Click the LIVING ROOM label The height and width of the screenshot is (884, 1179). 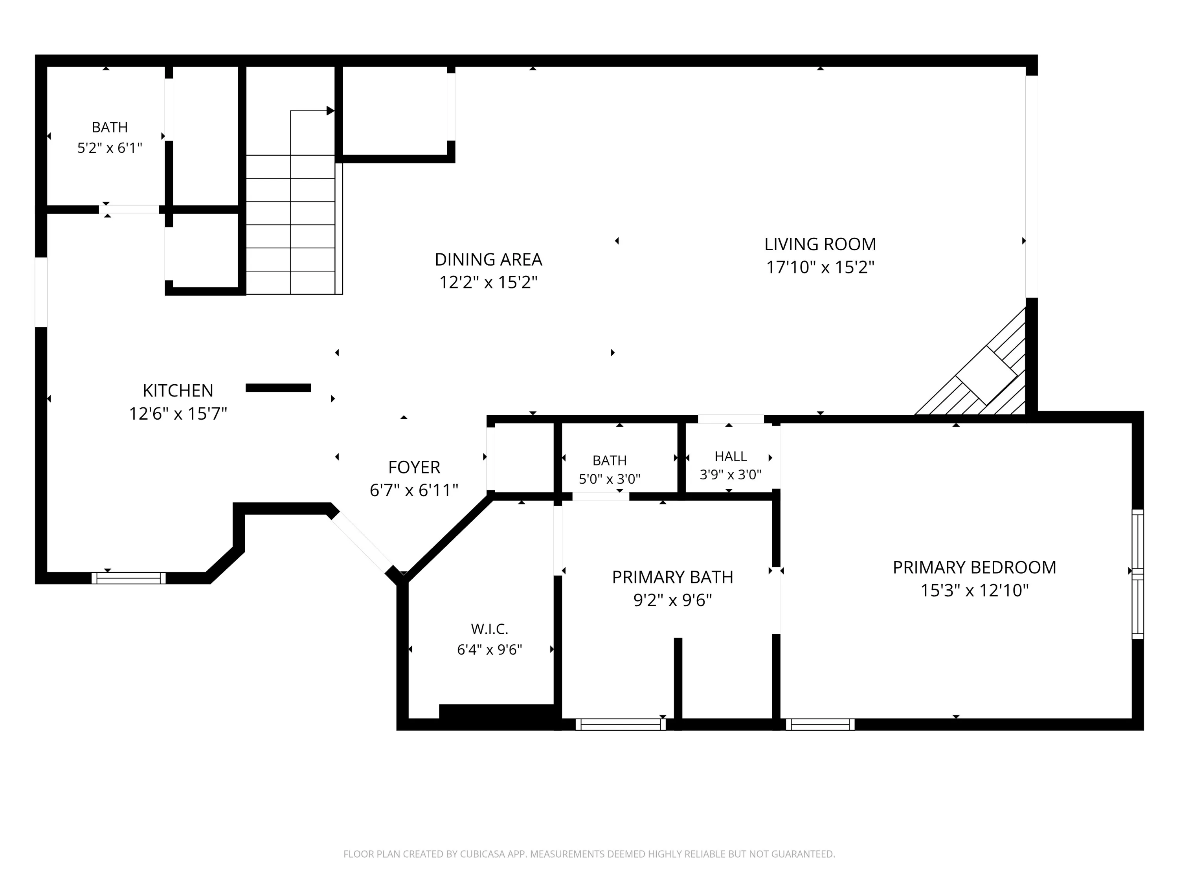(820, 244)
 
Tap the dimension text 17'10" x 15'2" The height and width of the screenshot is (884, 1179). (820, 267)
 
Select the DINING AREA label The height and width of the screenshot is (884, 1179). (488, 259)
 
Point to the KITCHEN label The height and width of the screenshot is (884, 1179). (178, 391)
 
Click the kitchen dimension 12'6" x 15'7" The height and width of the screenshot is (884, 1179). (178, 413)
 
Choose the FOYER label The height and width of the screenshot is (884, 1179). (414, 467)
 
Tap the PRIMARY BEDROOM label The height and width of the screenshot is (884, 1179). (974, 567)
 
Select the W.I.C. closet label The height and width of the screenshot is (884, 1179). (489, 629)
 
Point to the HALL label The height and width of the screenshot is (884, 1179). (730, 457)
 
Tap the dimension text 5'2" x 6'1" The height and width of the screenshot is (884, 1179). (110, 148)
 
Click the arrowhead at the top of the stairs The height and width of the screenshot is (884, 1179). (331, 111)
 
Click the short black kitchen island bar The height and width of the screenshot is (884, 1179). (278, 388)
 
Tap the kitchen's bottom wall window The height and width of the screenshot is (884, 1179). (129, 578)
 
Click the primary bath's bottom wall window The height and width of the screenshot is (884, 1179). (621, 724)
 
